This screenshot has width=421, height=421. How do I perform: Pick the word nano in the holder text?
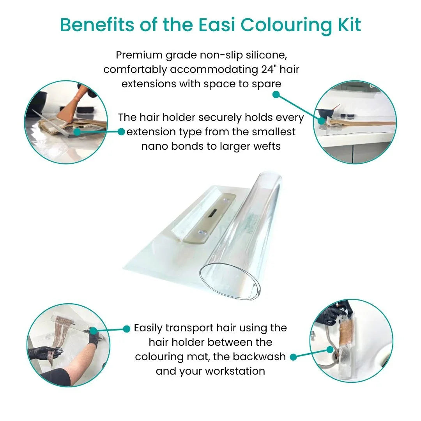pos(154,146)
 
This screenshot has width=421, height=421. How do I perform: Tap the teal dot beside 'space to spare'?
pos(276,94)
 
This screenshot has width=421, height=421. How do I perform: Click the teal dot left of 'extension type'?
pos(121,132)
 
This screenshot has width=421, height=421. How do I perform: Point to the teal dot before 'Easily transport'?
pos(126,329)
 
